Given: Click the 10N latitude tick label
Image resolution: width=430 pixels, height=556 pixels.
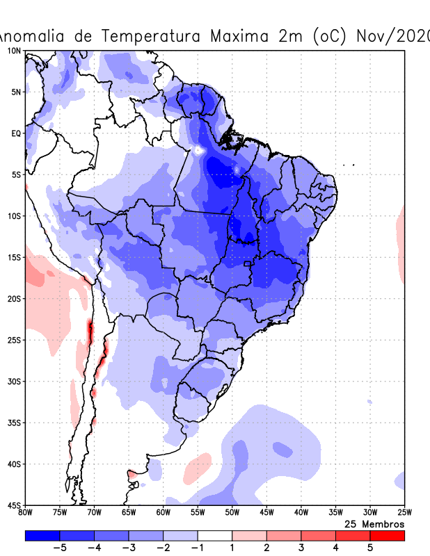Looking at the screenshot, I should pyautogui.click(x=13, y=51).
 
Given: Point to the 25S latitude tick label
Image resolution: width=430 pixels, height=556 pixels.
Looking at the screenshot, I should pyautogui.click(x=13, y=340).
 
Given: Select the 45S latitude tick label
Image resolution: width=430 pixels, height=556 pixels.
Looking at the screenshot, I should pyautogui.click(x=13, y=505).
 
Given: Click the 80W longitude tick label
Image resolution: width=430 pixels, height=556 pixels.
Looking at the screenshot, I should pyautogui.click(x=26, y=513).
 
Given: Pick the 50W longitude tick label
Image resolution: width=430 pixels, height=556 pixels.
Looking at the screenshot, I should pyautogui.click(x=232, y=513).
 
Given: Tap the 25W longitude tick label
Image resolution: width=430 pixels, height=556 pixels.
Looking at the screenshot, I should pyautogui.click(x=404, y=513).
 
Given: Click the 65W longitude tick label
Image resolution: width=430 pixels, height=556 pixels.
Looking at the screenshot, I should pyautogui.click(x=129, y=513).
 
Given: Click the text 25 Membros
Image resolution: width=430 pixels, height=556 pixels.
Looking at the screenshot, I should pyautogui.click(x=374, y=523).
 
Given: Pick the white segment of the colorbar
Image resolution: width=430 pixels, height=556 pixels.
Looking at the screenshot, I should pyautogui.click(x=214, y=536).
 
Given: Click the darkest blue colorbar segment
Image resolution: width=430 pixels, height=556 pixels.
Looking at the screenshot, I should pyautogui.click(x=42, y=536).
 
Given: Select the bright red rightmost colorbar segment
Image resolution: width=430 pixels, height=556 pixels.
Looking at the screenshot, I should pyautogui.click(x=387, y=536).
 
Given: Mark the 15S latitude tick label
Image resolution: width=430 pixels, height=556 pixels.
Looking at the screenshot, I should pyautogui.click(x=13, y=257).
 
